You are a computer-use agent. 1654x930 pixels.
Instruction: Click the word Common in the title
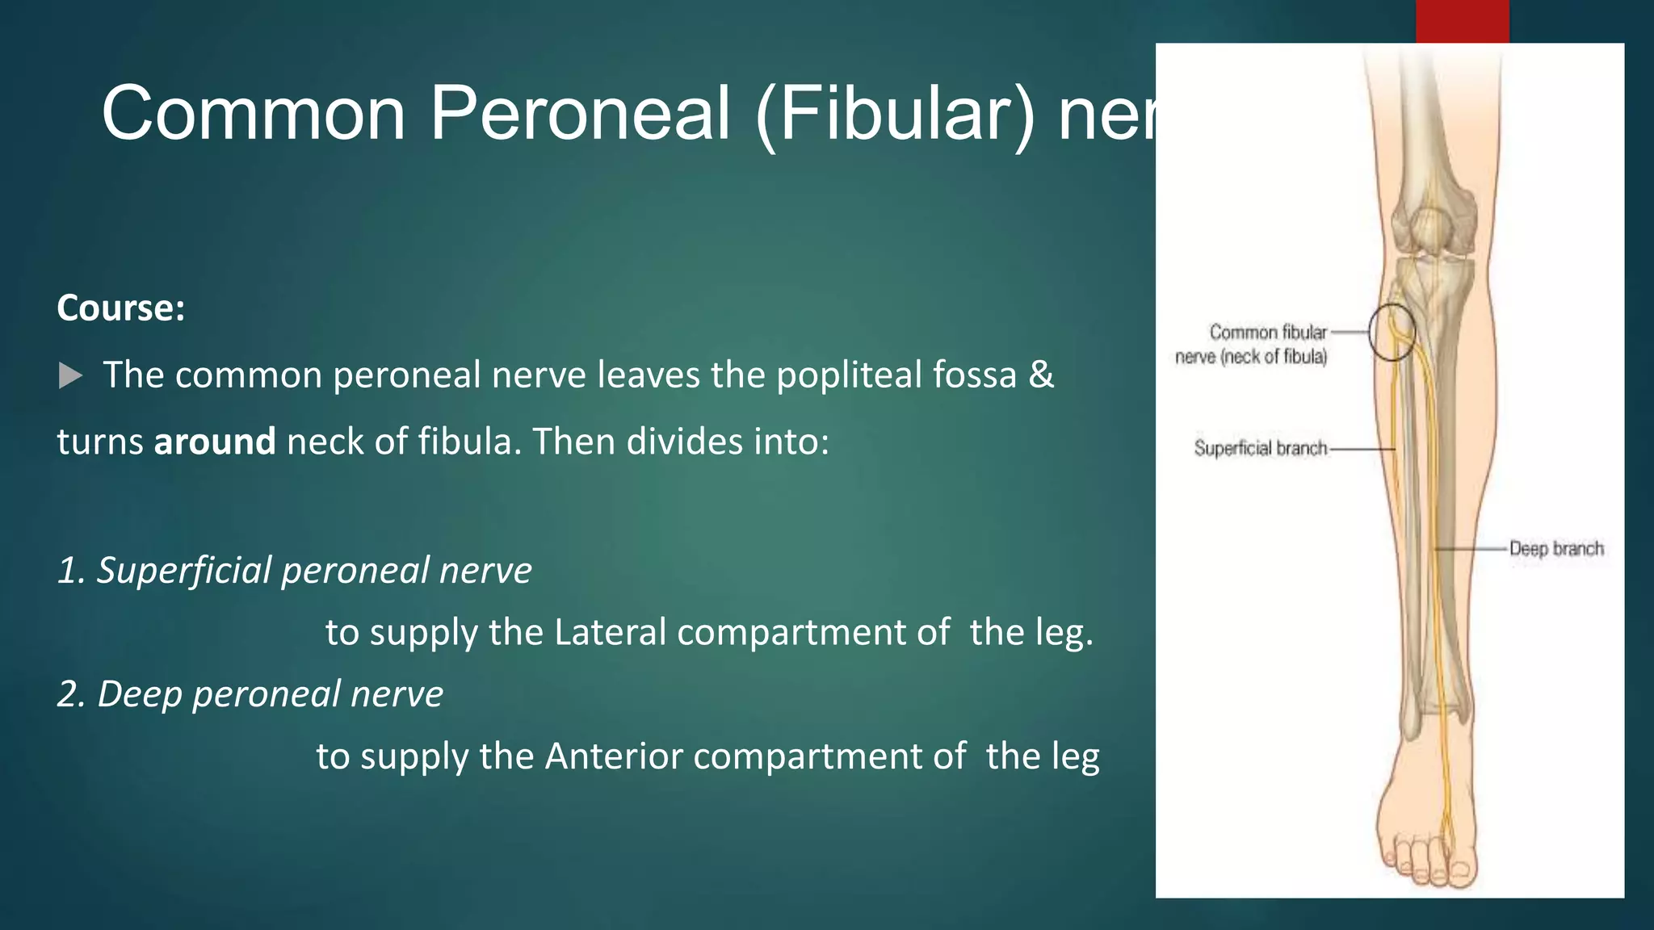pos(253,114)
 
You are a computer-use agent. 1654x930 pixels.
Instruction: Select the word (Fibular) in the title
pos(895,115)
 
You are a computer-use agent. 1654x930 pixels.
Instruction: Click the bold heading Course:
pos(121,308)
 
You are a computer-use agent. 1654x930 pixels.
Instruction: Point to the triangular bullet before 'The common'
pos(71,375)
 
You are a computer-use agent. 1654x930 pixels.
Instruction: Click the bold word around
pos(215,442)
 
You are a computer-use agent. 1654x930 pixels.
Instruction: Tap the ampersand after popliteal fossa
pos(1042,375)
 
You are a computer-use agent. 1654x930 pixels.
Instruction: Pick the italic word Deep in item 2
pos(138,693)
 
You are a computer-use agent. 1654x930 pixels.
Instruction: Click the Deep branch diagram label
pos(1555,549)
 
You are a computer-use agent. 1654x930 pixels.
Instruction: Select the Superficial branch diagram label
pos(1260,448)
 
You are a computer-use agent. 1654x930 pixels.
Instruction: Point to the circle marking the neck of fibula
pos(1392,331)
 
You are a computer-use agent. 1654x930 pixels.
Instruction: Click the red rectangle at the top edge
pos(1462,21)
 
